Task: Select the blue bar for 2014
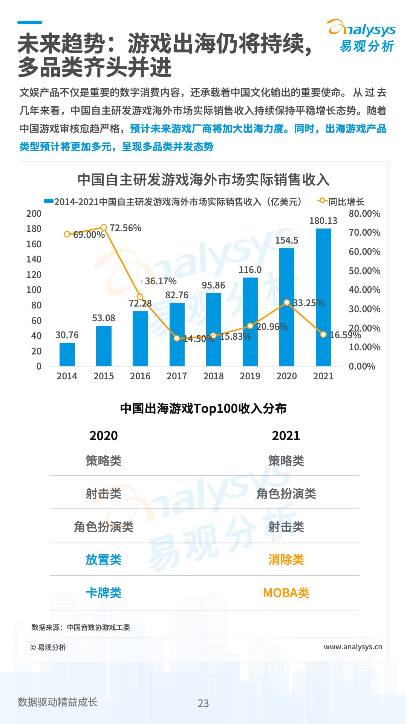[67, 354]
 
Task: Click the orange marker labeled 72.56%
[104, 227]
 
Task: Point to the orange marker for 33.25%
[287, 302]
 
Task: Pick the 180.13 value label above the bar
[323, 221]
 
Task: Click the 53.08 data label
[104, 318]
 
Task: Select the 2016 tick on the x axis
[140, 376]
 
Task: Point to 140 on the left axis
[34, 259]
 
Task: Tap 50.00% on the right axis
[364, 271]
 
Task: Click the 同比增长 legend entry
[341, 202]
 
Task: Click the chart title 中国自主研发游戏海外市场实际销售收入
[203, 179]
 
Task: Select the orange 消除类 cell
[286, 560]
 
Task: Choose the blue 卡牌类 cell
[104, 593]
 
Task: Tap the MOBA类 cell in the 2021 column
[286, 593]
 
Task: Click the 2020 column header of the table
[104, 436]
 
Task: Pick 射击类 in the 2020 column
[104, 494]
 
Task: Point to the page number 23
[203, 703]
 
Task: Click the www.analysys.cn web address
[353, 647]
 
